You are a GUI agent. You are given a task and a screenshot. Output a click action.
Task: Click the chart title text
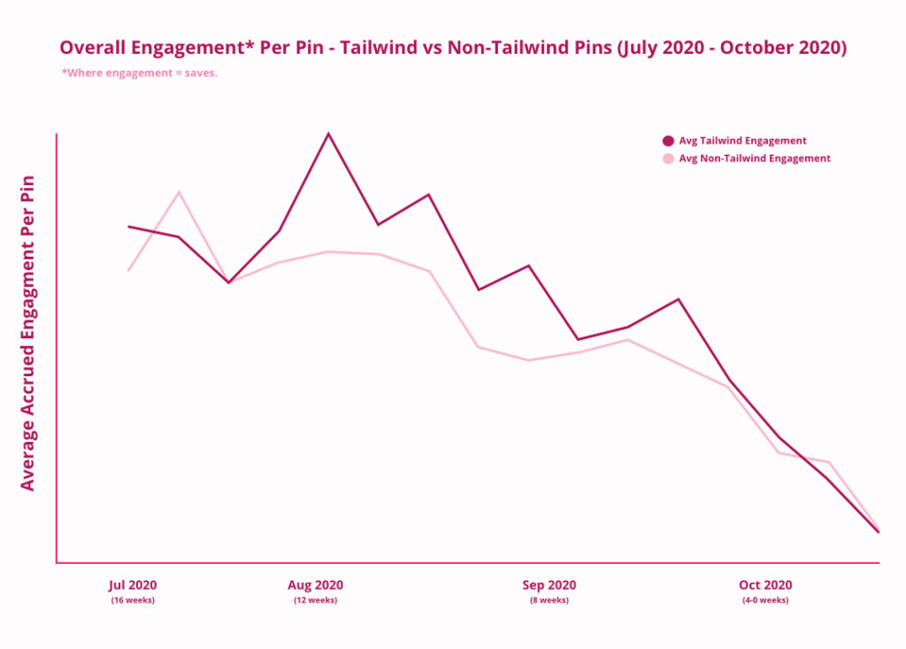click(453, 48)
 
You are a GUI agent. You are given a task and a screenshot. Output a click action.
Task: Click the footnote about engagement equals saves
click(140, 73)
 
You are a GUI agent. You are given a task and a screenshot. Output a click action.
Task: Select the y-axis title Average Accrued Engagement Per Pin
click(27, 333)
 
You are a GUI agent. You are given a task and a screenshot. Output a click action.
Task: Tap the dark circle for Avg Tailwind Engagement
click(668, 141)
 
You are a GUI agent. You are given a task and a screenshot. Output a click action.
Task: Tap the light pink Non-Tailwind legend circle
click(668, 158)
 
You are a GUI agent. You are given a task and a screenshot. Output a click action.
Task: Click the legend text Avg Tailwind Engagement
click(742, 141)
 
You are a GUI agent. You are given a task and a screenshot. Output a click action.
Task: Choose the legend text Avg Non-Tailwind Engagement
click(755, 158)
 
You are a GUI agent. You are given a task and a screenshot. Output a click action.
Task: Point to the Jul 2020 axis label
click(133, 585)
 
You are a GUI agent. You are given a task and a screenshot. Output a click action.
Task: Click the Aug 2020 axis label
click(315, 585)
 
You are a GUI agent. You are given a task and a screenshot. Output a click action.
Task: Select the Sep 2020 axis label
click(549, 585)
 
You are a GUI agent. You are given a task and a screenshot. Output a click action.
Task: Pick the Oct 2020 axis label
click(765, 585)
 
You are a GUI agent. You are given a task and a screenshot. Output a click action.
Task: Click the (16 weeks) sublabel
click(133, 600)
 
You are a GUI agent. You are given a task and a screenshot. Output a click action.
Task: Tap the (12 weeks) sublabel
click(315, 600)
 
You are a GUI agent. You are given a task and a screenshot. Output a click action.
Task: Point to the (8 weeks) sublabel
click(549, 600)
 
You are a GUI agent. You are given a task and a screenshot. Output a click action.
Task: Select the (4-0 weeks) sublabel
click(765, 600)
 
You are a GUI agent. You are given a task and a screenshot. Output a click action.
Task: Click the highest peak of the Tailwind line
click(328, 134)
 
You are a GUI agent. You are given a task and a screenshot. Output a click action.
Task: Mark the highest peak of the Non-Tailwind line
click(180, 192)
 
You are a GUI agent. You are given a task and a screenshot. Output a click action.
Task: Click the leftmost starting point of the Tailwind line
click(129, 227)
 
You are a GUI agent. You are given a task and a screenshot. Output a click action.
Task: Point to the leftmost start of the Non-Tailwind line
click(129, 270)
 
